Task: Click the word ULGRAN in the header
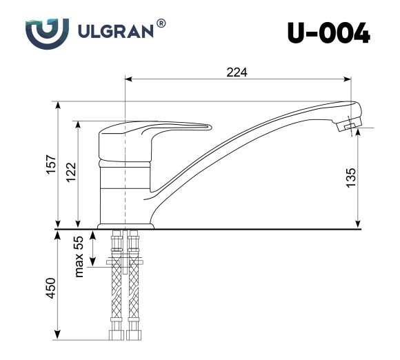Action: [x=111, y=33]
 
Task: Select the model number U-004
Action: [x=328, y=33]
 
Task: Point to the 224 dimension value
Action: [x=237, y=72]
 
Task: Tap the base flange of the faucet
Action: [x=125, y=226]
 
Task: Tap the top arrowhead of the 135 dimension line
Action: [x=359, y=132]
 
